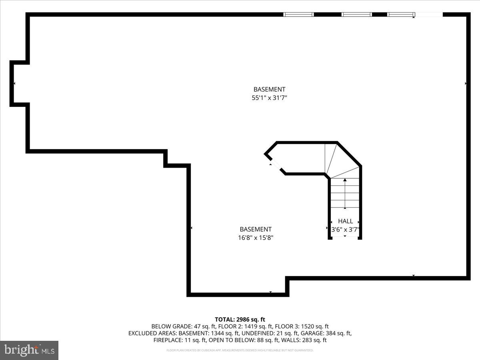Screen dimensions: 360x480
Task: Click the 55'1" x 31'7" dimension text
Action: [269, 98]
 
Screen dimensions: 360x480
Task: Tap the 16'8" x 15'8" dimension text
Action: [256, 238]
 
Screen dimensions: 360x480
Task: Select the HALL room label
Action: [346, 221]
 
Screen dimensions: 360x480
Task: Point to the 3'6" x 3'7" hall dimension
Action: [346, 230]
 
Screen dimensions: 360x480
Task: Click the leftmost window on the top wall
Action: [298, 15]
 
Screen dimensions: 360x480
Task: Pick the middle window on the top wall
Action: [356, 15]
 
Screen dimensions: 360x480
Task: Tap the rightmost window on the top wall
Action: [401, 15]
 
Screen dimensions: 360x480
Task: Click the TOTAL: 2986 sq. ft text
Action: [240, 319]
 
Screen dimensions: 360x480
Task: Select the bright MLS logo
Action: [29, 350]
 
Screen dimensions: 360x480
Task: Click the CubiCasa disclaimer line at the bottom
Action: [240, 350]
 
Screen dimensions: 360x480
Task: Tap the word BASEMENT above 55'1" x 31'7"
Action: [269, 90]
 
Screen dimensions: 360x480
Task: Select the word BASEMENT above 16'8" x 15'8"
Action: [256, 229]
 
